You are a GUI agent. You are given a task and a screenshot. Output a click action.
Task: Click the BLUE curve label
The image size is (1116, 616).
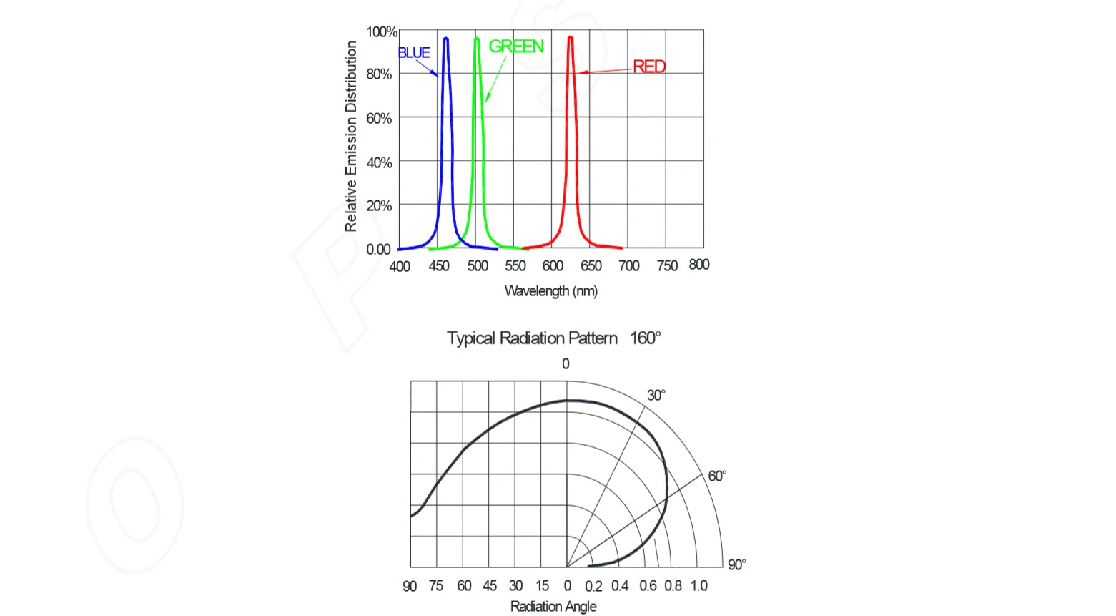tap(414, 53)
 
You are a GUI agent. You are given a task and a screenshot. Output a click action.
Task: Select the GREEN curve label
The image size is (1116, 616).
tap(515, 47)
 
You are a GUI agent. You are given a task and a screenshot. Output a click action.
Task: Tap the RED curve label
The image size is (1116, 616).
tap(648, 67)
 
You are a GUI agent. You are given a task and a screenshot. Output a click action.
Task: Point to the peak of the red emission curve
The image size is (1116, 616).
tap(570, 37)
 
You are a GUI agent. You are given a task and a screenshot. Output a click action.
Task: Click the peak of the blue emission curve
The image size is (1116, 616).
tap(445, 39)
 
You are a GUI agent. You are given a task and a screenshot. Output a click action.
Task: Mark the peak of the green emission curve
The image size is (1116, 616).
tap(477, 39)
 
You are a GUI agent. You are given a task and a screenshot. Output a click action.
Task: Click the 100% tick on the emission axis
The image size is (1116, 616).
tap(381, 32)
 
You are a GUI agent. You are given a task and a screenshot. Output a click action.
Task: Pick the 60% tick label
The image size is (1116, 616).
tap(379, 118)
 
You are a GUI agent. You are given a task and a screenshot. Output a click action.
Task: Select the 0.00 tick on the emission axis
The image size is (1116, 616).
tap(378, 250)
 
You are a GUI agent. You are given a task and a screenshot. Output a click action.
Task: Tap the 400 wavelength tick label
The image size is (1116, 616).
tap(400, 267)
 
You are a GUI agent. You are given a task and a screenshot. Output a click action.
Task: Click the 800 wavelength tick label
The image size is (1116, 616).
tap(698, 265)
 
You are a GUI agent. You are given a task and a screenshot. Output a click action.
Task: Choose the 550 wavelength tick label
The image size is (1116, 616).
tap(515, 266)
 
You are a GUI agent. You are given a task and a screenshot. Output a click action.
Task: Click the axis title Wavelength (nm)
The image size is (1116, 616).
tap(550, 291)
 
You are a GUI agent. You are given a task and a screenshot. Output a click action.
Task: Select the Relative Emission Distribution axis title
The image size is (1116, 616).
tap(351, 136)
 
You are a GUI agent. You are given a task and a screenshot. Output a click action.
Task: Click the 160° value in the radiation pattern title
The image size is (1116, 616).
tap(645, 338)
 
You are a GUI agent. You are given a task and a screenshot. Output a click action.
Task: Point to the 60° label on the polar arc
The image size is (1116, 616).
tap(716, 476)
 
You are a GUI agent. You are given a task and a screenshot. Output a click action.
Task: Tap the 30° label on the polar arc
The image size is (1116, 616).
tap(656, 396)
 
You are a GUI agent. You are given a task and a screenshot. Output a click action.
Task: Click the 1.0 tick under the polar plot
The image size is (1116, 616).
tap(698, 586)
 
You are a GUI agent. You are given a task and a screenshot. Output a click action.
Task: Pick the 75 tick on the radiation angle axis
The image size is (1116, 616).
tap(436, 586)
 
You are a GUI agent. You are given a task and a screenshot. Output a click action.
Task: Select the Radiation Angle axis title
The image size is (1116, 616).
tap(553, 607)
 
